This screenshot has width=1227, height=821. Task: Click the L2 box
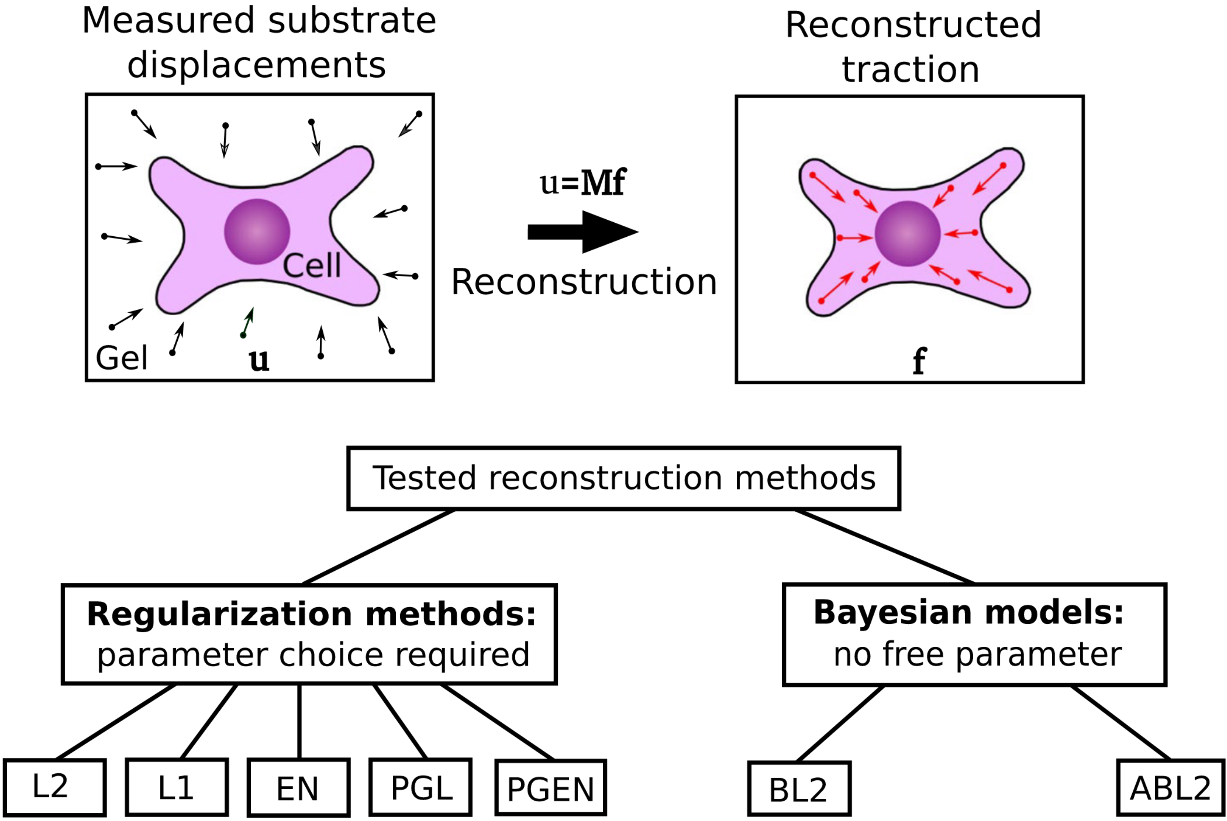point(54,787)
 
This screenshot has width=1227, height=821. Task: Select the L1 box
point(177,787)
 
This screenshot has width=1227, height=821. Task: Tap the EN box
point(298,787)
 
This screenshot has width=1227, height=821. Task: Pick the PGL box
point(420,787)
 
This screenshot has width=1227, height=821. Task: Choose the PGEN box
point(551,787)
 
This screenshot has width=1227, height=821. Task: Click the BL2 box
point(799,789)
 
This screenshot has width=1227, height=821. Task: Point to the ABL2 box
point(1171,787)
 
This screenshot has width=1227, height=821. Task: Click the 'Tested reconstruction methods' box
point(624,478)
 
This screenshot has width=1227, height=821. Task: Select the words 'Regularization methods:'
point(312,614)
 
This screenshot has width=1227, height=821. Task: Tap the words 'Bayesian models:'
point(969,612)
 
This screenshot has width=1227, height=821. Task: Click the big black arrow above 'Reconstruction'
point(583,232)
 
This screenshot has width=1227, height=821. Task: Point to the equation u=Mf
point(583,182)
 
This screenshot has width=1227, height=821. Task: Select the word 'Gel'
point(122,358)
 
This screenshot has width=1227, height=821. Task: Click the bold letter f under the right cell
point(920,361)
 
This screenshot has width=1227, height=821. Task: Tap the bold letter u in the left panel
point(259,361)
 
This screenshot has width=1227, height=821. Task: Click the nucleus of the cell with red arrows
point(908,234)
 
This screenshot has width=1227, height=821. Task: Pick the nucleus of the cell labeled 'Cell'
point(257,232)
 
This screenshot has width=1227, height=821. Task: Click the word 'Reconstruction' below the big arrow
point(584,282)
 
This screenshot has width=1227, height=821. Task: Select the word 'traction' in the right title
point(911,69)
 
